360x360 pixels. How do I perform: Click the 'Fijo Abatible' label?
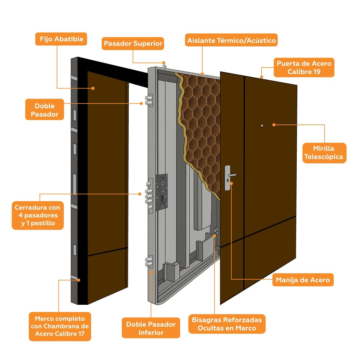tap(61, 39)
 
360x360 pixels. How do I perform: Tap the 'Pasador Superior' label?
tap(133, 43)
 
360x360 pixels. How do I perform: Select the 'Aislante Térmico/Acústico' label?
tap(231, 40)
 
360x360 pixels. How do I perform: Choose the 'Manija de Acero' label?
tap(303, 280)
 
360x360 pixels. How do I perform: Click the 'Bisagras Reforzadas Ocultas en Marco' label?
tap(227, 324)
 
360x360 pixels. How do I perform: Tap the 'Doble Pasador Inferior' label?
tap(151, 328)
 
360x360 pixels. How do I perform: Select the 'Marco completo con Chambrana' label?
tap(60, 326)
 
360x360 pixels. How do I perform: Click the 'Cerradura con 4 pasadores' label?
tap(37, 215)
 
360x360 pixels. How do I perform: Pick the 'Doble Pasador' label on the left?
tap(44, 110)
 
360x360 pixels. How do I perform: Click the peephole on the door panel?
tap(262, 125)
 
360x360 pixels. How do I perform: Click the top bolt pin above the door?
tap(164, 64)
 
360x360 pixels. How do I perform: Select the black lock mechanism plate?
tap(162, 191)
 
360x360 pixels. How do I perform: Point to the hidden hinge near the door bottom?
tap(216, 231)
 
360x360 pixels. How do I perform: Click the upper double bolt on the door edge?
tap(149, 100)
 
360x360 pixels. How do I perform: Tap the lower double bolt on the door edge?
tap(149, 261)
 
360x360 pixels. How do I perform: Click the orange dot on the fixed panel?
tap(93, 88)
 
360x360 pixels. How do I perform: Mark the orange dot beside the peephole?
tap(274, 124)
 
